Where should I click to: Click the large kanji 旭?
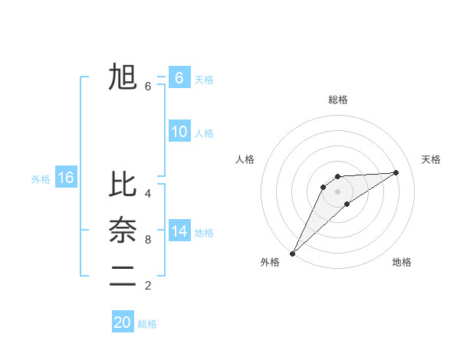123,78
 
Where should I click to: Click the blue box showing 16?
66,178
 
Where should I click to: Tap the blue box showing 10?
179,132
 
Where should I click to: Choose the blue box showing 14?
179,231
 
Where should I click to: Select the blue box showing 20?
123,322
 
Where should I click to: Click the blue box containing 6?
179,78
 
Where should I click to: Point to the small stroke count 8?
148,240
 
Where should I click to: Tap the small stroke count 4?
148,194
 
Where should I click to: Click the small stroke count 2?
148,286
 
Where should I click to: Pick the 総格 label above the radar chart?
338,100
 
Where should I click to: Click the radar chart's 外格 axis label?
270,262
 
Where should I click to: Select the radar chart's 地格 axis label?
402,262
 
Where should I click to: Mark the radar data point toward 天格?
396,172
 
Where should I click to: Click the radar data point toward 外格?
292,253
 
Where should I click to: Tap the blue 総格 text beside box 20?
147,324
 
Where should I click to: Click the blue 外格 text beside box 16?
41,179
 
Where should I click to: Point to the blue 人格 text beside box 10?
204,133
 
